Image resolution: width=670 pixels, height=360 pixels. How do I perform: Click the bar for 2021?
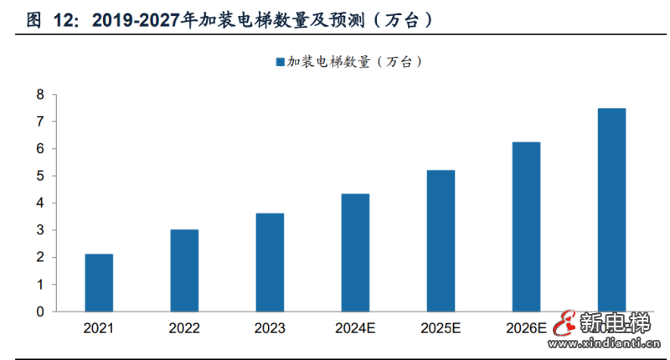click(x=99, y=282)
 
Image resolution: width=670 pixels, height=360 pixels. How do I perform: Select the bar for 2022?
click(x=184, y=270)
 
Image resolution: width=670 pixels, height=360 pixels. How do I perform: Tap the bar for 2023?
click(x=270, y=262)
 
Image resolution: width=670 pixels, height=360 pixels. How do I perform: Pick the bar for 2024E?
click(x=355, y=252)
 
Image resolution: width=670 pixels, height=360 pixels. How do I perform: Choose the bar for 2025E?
click(x=441, y=240)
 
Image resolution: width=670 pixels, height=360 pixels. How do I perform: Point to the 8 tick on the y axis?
click(x=39, y=95)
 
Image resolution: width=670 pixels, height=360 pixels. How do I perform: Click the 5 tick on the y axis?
click(x=39, y=176)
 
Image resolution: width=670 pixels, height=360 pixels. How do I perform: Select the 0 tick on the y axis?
click(x=39, y=311)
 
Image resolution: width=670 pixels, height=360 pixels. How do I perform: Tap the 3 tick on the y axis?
click(x=39, y=230)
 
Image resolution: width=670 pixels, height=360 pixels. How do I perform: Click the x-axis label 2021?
click(x=99, y=328)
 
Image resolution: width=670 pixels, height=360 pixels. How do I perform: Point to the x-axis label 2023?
click(x=270, y=328)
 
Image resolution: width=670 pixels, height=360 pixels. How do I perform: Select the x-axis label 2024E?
click(x=355, y=328)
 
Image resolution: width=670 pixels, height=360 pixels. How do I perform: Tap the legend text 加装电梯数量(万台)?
click(x=353, y=61)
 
